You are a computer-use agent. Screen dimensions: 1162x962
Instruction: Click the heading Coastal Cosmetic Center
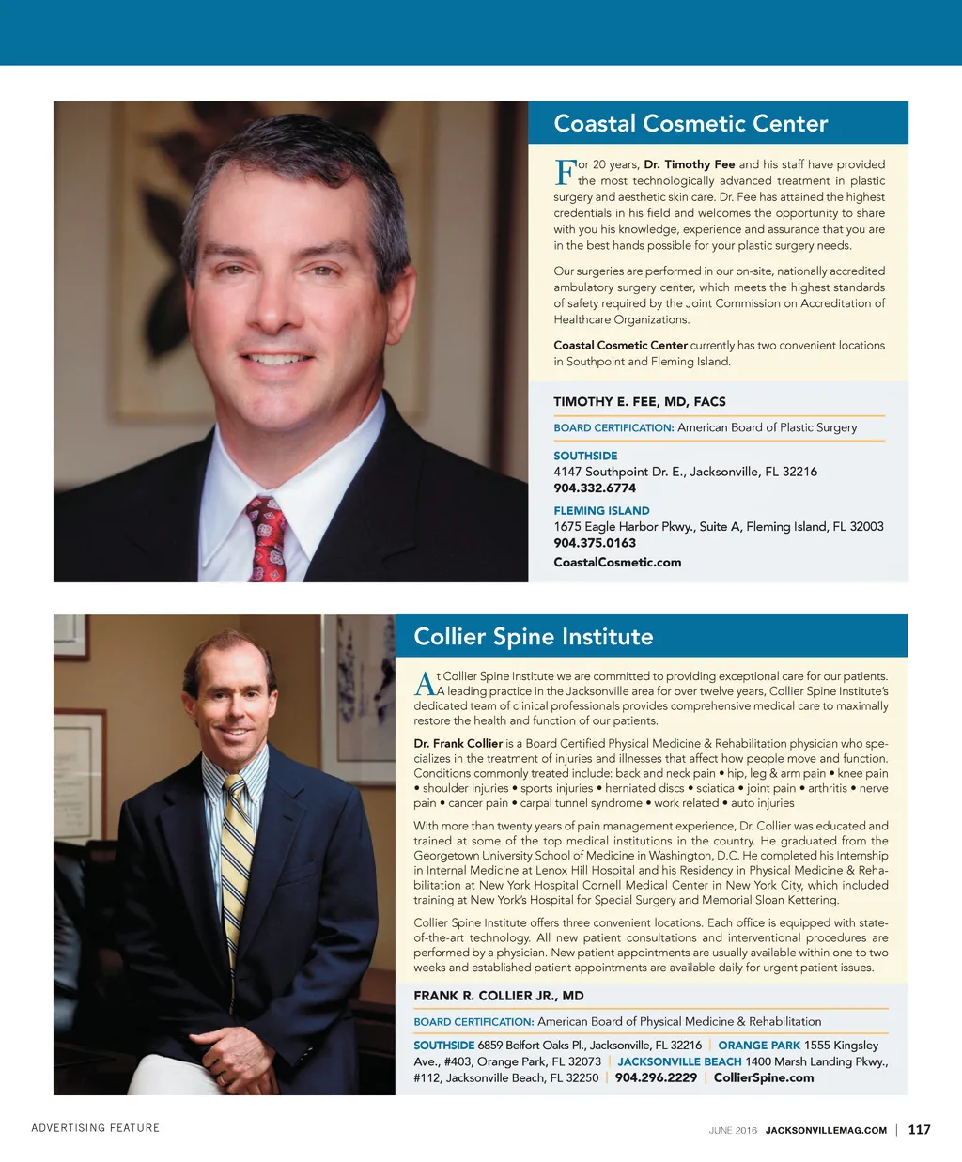[690, 124]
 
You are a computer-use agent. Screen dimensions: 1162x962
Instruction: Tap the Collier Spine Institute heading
[533, 637]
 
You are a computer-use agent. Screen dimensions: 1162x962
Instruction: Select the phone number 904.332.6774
[595, 488]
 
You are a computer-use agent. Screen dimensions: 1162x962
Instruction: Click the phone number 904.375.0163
[595, 543]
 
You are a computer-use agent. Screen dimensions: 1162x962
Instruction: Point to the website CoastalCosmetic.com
[617, 563]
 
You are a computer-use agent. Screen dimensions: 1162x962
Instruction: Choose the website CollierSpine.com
[764, 1077]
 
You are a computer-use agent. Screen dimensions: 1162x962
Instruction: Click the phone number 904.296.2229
[656, 1077]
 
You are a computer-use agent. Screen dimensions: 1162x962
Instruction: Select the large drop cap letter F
[565, 172]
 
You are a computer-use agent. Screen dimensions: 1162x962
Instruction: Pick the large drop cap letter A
[424, 684]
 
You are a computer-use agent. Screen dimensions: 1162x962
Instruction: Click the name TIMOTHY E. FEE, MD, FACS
[640, 402]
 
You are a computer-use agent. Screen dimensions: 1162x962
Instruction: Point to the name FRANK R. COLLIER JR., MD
[499, 996]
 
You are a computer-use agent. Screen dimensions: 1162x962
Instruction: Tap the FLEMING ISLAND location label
[601, 511]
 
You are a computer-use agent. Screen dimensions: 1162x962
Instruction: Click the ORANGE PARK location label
[759, 1046]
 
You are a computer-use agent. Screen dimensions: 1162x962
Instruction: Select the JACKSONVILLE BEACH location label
[679, 1061]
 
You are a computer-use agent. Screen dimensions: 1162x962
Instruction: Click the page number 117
[919, 1130]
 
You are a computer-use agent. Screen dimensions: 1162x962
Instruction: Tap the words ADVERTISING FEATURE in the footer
[96, 1128]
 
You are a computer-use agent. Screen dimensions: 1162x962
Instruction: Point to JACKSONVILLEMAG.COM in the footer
[826, 1131]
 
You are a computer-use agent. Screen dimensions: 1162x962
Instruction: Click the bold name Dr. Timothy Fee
[690, 164]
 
